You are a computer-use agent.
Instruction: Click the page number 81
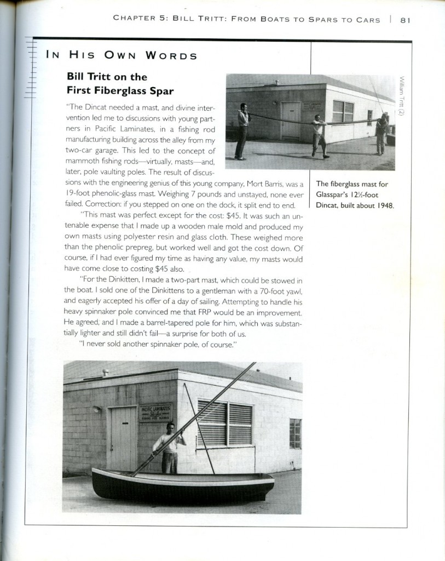406,20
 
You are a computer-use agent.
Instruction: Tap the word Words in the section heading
171,56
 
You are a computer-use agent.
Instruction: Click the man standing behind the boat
170,446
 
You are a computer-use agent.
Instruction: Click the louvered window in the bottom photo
225,423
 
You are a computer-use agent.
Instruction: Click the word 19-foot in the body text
79,195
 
